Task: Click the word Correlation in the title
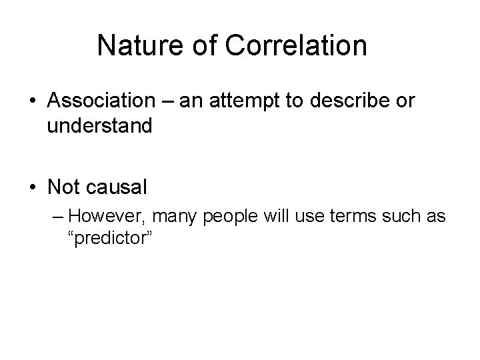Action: (294, 46)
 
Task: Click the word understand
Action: (100, 126)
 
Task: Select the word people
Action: (225, 216)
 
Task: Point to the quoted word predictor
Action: (112, 238)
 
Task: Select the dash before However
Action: (57, 216)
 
